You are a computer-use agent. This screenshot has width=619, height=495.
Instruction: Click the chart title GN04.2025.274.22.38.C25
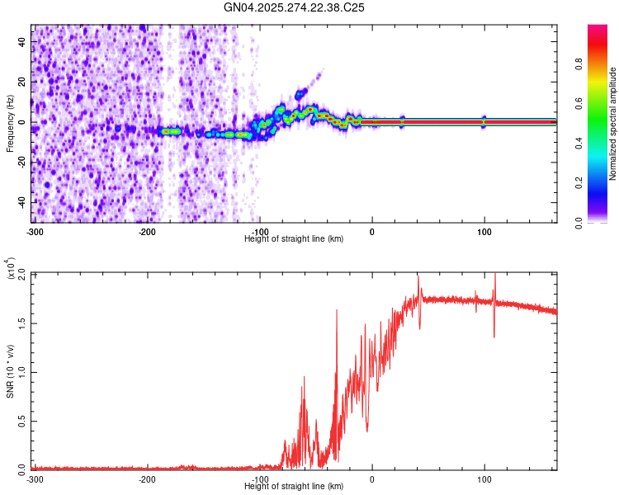coord(295,7)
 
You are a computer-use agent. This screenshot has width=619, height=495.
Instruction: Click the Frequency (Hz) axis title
coord(10,123)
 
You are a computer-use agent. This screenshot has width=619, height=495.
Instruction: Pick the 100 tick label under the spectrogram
coord(484,230)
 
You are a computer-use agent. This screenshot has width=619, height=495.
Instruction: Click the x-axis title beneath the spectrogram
coord(294,238)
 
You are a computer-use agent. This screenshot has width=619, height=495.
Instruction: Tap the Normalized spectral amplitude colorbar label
coord(613,124)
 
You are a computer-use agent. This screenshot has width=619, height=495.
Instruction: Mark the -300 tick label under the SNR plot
coord(35,478)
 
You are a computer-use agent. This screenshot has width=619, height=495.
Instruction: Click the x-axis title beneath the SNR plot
coord(294,486)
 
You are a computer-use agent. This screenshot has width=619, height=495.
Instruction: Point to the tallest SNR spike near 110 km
coord(494,276)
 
